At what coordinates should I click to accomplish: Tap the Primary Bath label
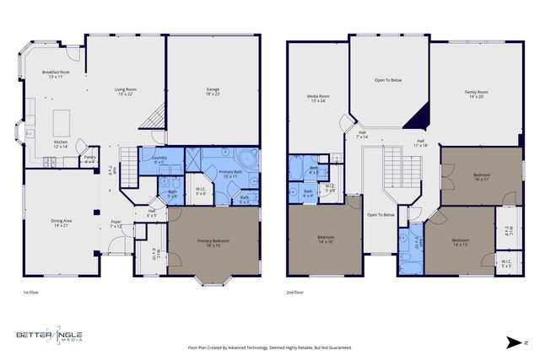[231, 175]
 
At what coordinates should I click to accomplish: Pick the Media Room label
[318, 99]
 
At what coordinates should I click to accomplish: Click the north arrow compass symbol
[515, 341]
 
